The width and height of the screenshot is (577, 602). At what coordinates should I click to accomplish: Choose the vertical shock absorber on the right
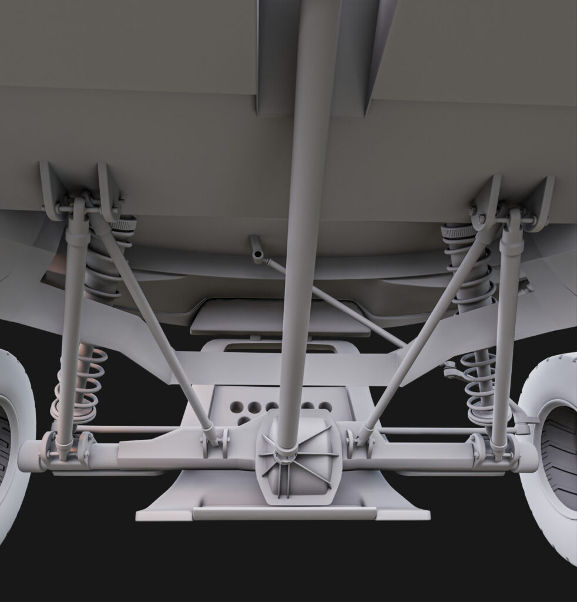(x=506, y=329)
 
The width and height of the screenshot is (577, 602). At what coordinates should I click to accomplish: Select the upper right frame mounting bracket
(x=511, y=200)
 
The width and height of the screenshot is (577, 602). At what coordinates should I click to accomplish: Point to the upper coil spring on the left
(x=106, y=265)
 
